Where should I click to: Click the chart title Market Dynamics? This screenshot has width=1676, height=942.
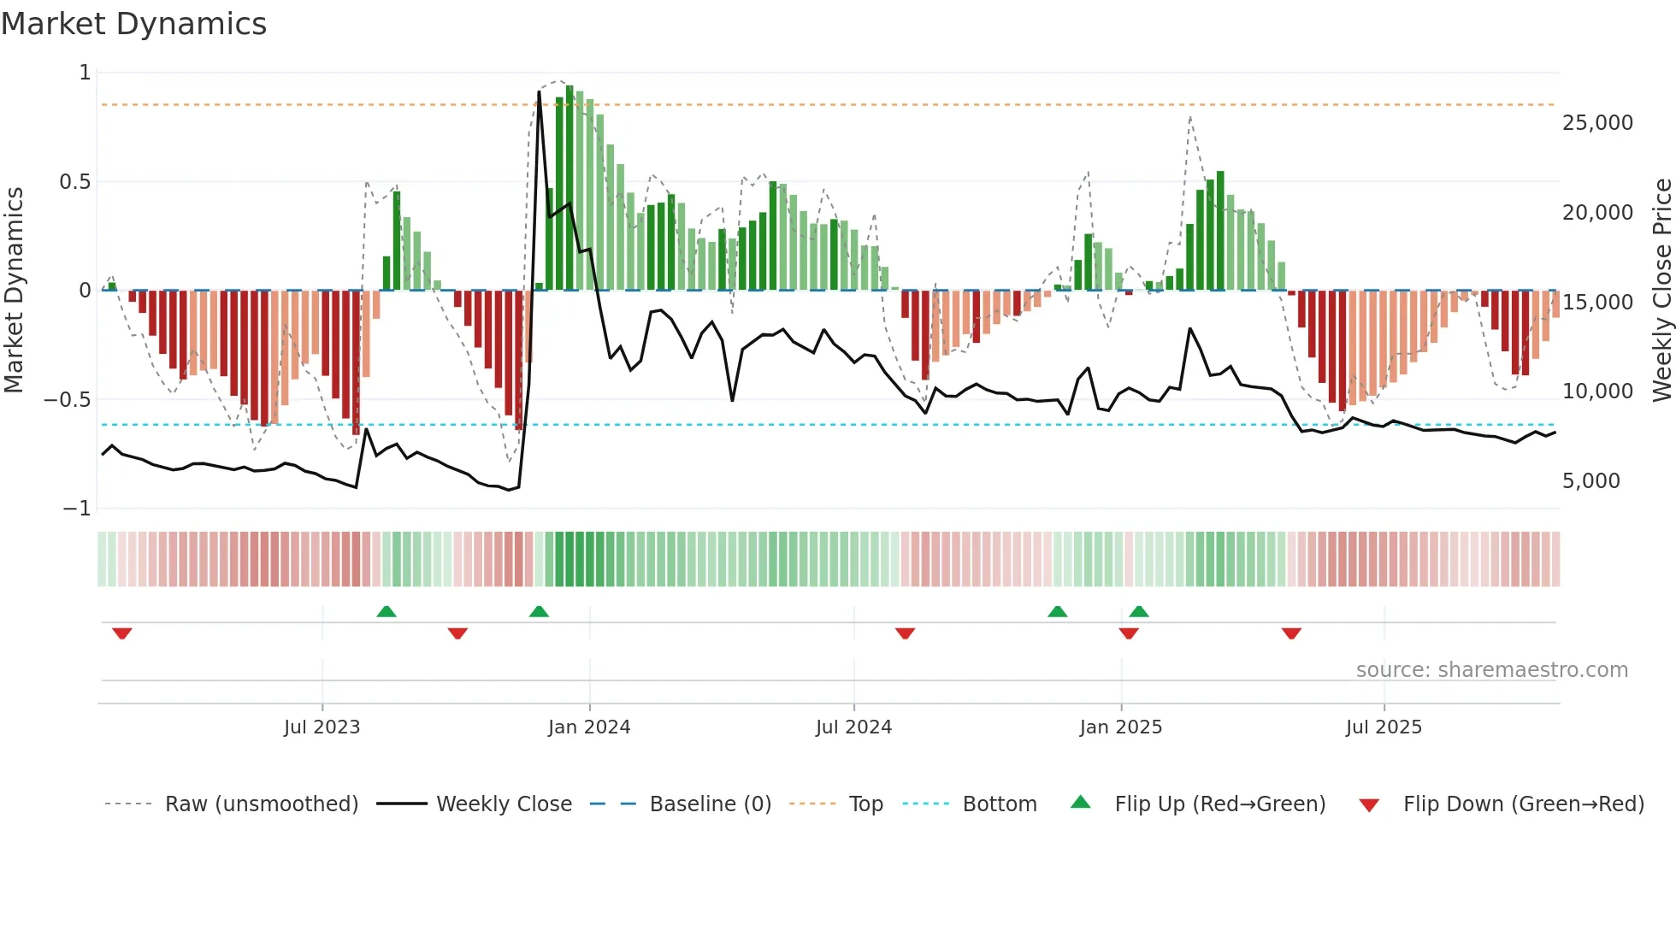click(x=133, y=24)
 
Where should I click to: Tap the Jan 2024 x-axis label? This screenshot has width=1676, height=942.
click(x=589, y=727)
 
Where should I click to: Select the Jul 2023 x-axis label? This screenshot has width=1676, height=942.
click(x=322, y=727)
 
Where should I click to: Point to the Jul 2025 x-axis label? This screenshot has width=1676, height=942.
click(x=1384, y=727)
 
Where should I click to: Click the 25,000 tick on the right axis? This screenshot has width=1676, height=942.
click(x=1597, y=123)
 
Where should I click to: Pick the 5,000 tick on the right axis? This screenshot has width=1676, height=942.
click(x=1590, y=481)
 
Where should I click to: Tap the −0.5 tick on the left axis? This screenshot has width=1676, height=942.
click(x=67, y=400)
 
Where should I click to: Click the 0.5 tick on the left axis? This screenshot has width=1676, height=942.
click(x=74, y=182)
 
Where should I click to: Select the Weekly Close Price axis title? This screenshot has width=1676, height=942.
click(x=1661, y=290)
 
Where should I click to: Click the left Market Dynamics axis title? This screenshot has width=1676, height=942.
click(x=15, y=290)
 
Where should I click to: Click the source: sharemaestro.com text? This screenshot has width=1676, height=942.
click(x=1491, y=670)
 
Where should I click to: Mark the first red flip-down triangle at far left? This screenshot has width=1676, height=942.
click(x=122, y=633)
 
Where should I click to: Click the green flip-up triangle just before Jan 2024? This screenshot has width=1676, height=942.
click(x=539, y=611)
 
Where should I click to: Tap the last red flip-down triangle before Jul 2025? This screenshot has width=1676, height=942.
click(x=1291, y=633)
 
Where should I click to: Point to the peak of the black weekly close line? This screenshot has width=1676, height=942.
click(x=540, y=91)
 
